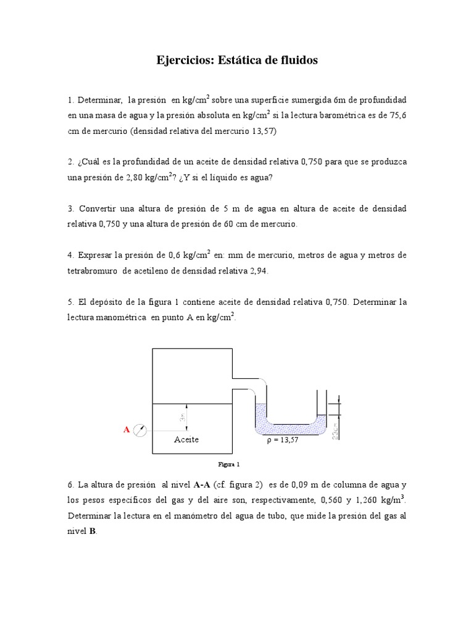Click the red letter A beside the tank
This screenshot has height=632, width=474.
[x=127, y=429]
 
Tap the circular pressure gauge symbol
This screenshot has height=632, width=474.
[x=141, y=431]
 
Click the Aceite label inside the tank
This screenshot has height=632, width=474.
[x=186, y=440]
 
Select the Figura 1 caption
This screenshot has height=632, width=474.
[x=229, y=464]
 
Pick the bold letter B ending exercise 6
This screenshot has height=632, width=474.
[x=92, y=531]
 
